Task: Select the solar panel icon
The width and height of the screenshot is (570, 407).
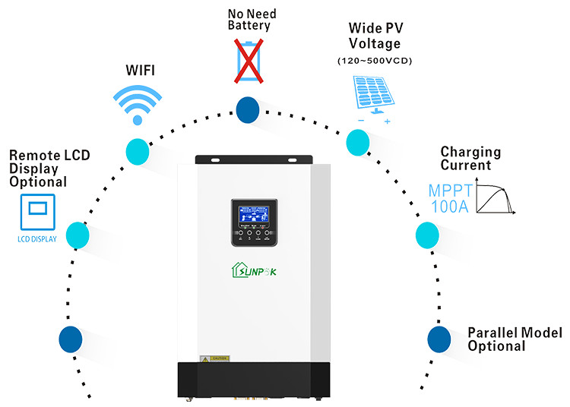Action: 374,96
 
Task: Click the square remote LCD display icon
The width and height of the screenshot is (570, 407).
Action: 37,210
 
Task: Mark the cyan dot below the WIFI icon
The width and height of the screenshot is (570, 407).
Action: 138,150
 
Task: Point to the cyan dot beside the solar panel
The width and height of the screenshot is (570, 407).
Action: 357,142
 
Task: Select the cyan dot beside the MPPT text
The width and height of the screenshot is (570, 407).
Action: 426,236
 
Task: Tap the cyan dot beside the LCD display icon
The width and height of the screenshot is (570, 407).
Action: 78,235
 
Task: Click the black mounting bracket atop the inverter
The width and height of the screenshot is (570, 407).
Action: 254,159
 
